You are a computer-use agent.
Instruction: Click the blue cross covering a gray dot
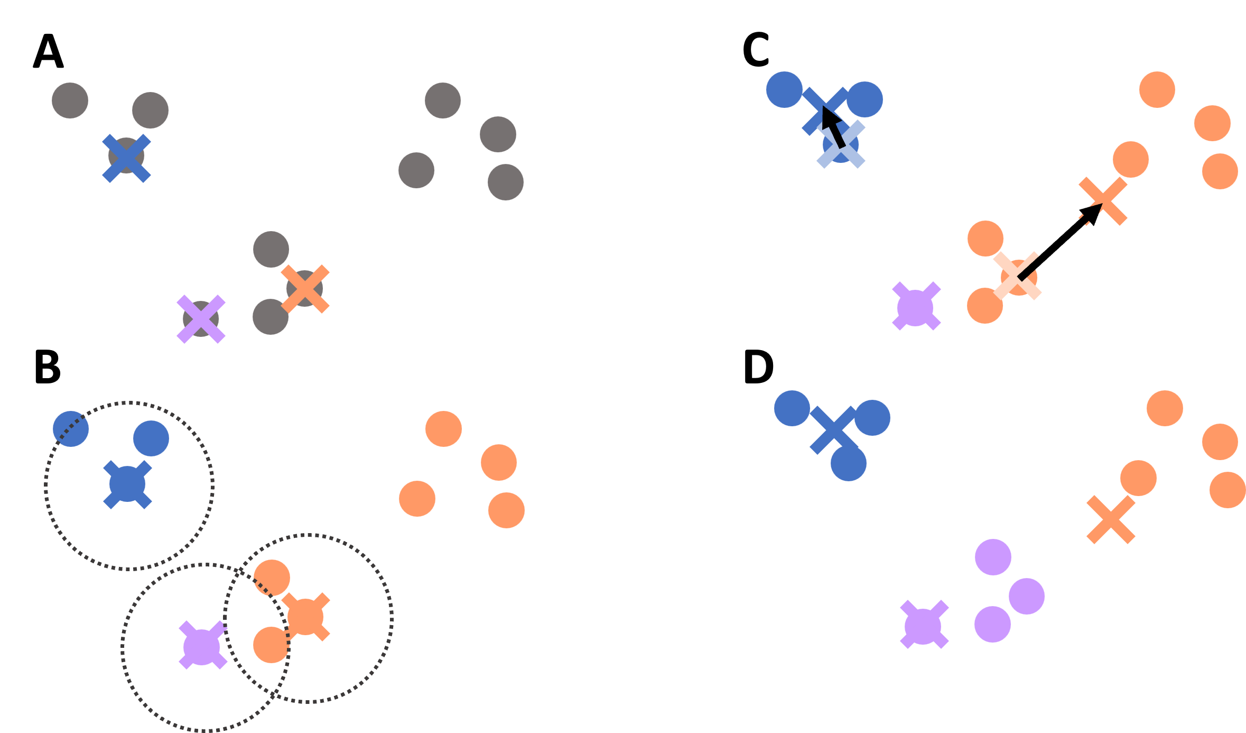click(126, 158)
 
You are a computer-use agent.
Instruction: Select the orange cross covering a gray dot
click(305, 289)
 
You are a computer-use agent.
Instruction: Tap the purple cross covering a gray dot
click(201, 319)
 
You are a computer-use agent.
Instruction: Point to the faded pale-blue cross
click(841, 144)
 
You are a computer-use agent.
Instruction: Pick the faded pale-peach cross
click(1017, 276)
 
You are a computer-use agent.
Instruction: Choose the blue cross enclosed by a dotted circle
click(127, 484)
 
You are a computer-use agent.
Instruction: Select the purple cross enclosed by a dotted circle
click(203, 645)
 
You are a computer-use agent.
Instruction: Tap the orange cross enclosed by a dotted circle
click(305, 617)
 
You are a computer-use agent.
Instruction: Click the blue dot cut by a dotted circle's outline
click(71, 429)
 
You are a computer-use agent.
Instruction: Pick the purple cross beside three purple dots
click(924, 624)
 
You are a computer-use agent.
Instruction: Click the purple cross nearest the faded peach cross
click(916, 306)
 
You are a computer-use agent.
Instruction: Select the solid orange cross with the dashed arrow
click(1103, 201)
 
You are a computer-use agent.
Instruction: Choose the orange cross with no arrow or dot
click(1111, 519)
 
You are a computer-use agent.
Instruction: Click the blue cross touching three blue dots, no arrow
click(833, 429)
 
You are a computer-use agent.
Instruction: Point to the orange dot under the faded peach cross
click(1019, 277)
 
